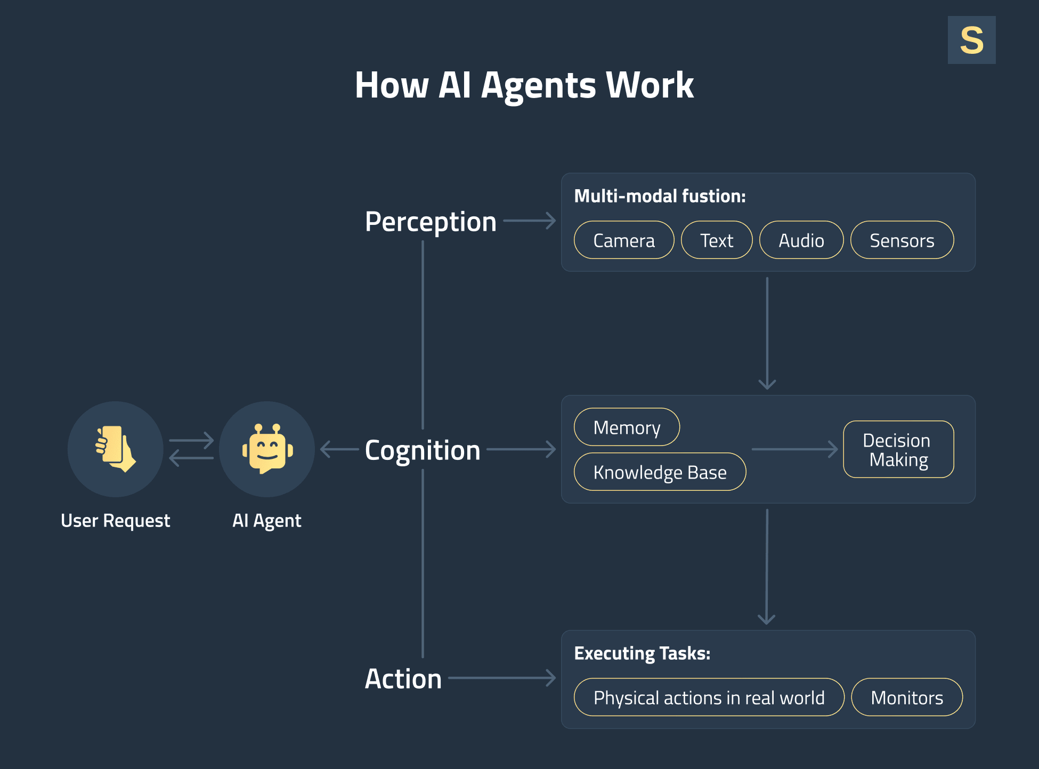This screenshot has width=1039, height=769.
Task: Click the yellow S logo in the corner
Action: [971, 40]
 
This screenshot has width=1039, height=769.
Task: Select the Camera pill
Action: [623, 240]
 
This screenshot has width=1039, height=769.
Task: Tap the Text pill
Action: [716, 240]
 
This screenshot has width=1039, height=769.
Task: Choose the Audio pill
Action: [801, 240]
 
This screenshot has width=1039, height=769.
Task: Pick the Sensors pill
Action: [902, 240]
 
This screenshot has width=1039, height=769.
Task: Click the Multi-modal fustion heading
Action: [659, 196]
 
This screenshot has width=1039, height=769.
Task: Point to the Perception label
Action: [430, 222]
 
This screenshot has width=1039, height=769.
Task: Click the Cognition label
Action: [422, 450]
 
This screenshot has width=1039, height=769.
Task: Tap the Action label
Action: [403, 679]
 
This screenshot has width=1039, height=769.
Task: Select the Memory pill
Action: [627, 427]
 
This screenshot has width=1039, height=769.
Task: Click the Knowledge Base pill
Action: [660, 472]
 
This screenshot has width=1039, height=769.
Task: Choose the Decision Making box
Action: [898, 450]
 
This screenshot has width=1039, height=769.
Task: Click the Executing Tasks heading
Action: [642, 653]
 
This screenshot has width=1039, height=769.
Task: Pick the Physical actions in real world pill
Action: [709, 698]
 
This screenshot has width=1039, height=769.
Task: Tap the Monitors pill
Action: [906, 698]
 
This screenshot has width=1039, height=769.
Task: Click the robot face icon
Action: [267, 449]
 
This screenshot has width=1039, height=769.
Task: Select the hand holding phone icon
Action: [115, 449]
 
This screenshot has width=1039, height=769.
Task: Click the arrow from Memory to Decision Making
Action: [794, 449]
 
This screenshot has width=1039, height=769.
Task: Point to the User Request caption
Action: [115, 521]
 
